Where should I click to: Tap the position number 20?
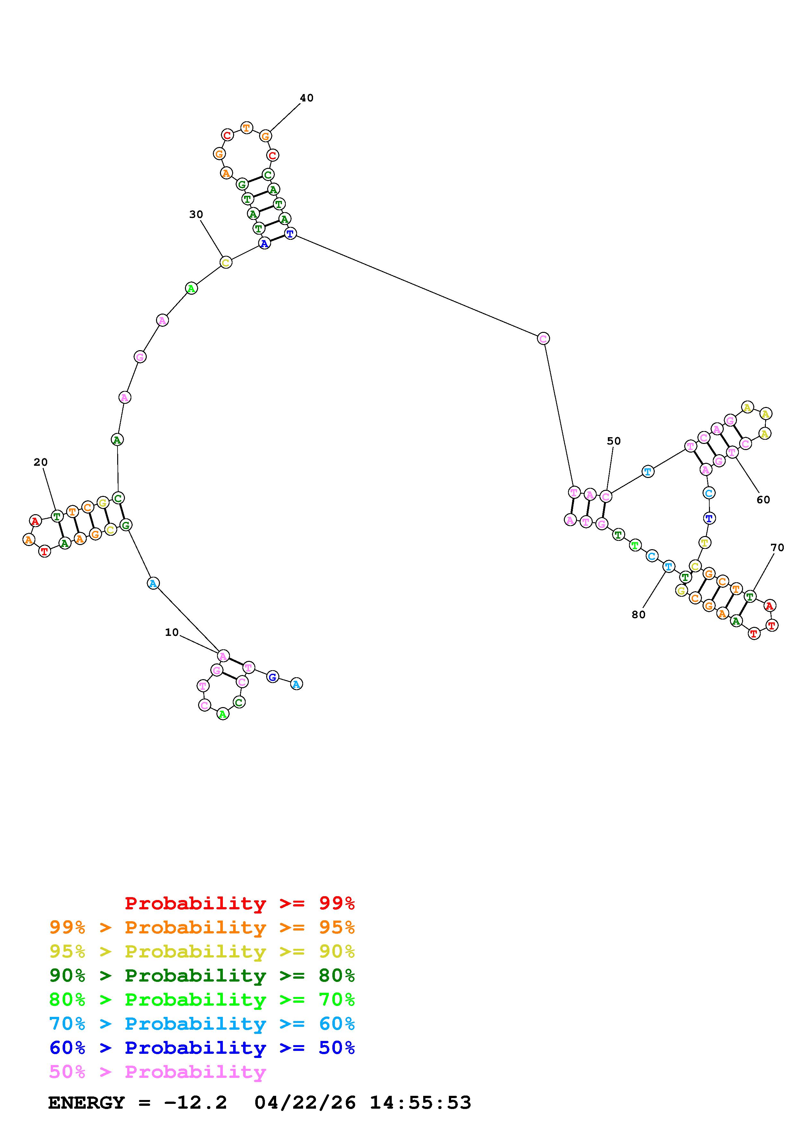(41, 462)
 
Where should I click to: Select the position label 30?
(196, 214)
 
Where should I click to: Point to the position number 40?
(307, 98)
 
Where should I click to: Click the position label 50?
(614, 441)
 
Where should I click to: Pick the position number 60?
(763, 500)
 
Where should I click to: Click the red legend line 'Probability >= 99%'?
(240, 903)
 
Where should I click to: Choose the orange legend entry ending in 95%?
(202, 927)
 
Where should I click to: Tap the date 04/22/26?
(305, 1103)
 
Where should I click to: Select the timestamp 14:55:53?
(420, 1103)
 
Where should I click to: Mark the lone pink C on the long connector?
(543, 338)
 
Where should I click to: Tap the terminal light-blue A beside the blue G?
(296, 684)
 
